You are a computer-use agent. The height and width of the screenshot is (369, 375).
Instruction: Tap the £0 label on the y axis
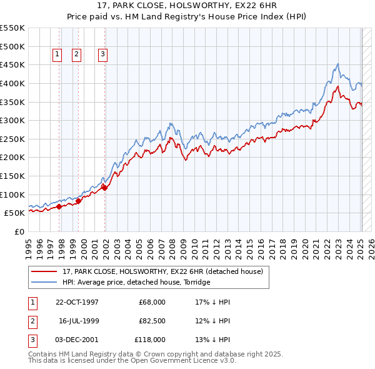click(x=19, y=231)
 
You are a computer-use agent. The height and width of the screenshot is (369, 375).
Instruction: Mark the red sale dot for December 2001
click(x=104, y=188)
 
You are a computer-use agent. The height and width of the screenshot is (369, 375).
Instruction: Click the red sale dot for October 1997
click(x=59, y=206)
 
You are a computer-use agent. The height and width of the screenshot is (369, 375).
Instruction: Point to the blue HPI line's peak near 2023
click(x=337, y=64)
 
